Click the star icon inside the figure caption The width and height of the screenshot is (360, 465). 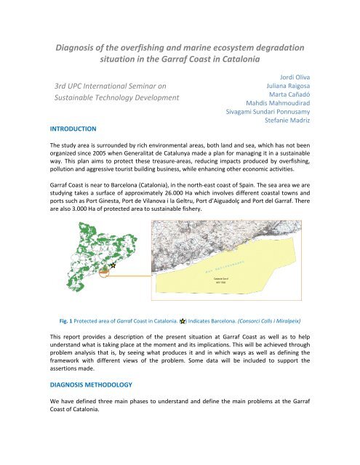pos(183,319)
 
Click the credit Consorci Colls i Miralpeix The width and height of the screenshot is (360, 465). pos(282,319)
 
